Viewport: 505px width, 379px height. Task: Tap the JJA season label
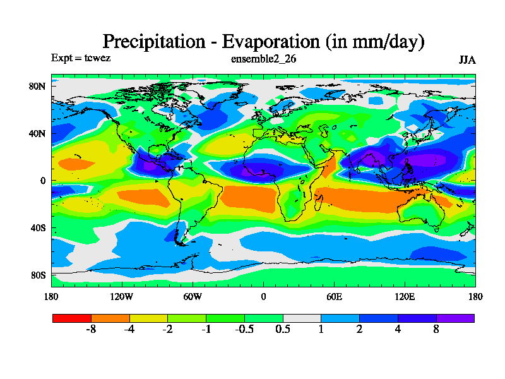point(467,59)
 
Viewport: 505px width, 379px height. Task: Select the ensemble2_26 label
point(263,59)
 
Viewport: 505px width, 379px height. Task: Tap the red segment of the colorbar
point(71,318)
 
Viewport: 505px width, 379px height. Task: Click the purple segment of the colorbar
point(455,318)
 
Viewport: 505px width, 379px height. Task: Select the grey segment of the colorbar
point(302,318)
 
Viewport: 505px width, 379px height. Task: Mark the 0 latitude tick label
point(44,181)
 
